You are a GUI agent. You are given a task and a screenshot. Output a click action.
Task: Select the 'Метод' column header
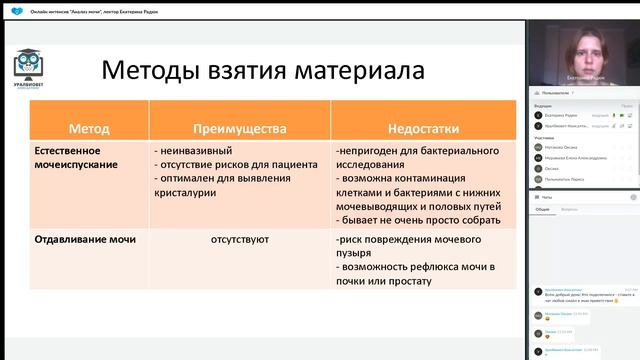(x=89, y=129)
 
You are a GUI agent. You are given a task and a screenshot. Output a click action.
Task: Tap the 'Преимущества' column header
(x=239, y=129)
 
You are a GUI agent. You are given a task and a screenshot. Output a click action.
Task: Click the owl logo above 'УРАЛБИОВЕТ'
(x=27, y=64)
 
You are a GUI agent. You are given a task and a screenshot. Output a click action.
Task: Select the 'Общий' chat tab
(x=542, y=210)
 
